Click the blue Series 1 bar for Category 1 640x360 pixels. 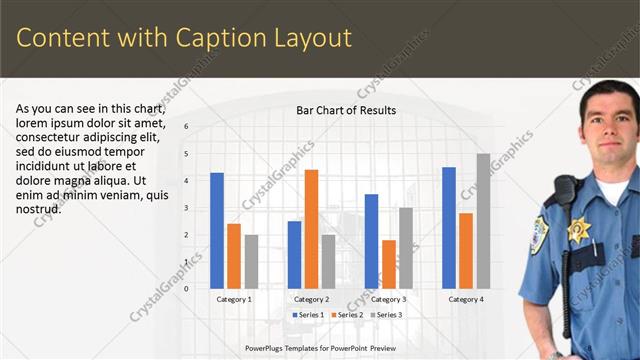(x=217, y=231)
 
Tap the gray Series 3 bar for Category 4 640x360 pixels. (x=483, y=221)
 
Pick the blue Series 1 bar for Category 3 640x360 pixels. (x=371, y=241)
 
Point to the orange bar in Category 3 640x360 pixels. (x=388, y=264)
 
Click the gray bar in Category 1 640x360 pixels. (x=251, y=261)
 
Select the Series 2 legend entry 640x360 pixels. (x=346, y=315)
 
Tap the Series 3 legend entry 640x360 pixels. (x=385, y=315)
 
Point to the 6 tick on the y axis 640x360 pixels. (x=186, y=127)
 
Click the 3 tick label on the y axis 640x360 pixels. (x=186, y=208)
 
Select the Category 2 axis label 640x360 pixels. (x=312, y=299)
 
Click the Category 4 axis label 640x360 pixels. (x=466, y=299)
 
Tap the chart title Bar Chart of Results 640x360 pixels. (x=346, y=110)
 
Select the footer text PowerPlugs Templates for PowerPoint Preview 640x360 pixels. (x=320, y=349)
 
